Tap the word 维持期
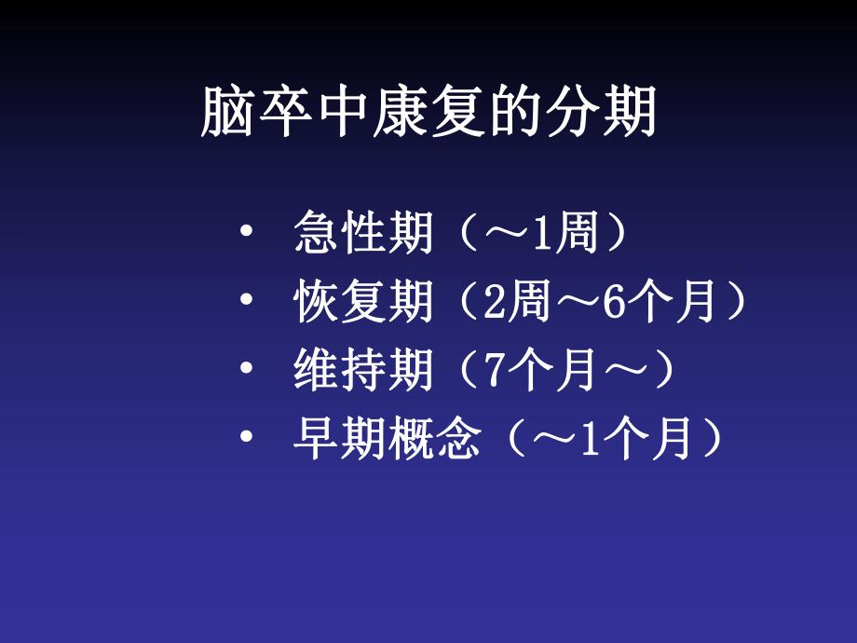point(363,372)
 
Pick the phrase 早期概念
point(387,440)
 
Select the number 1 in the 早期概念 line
point(588,440)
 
